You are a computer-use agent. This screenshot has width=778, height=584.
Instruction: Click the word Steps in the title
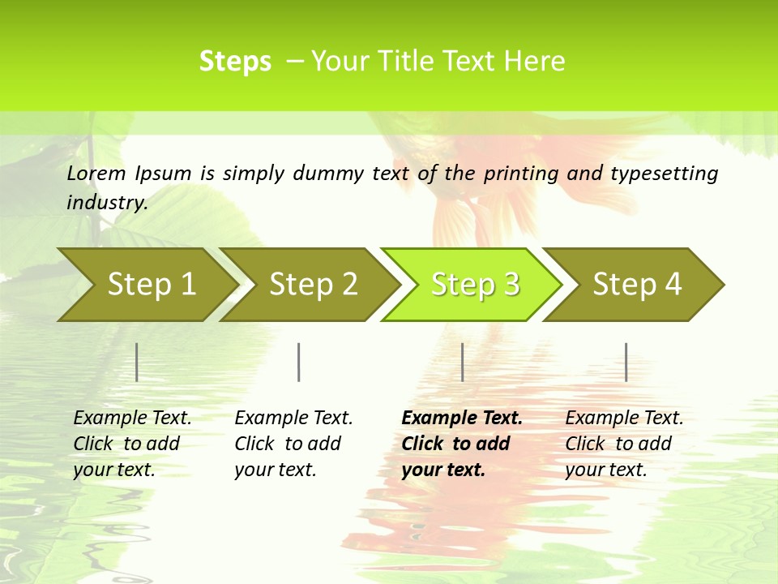coord(235,62)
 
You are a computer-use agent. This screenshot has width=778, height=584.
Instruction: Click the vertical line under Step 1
coord(137,362)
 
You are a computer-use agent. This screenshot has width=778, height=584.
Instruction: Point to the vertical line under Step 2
coord(299,362)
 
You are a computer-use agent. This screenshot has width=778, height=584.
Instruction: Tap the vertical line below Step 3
coord(463,362)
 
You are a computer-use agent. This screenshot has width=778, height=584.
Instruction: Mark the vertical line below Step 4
coord(626,362)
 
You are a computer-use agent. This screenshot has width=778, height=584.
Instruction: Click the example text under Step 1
coord(132,444)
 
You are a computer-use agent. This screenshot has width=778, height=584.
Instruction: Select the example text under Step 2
coord(293,444)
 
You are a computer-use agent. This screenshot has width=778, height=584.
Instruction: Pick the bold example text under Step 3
coord(462,444)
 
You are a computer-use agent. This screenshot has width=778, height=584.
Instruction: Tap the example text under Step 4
coord(624,444)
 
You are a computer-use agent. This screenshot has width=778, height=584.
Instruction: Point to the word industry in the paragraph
coord(106,203)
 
